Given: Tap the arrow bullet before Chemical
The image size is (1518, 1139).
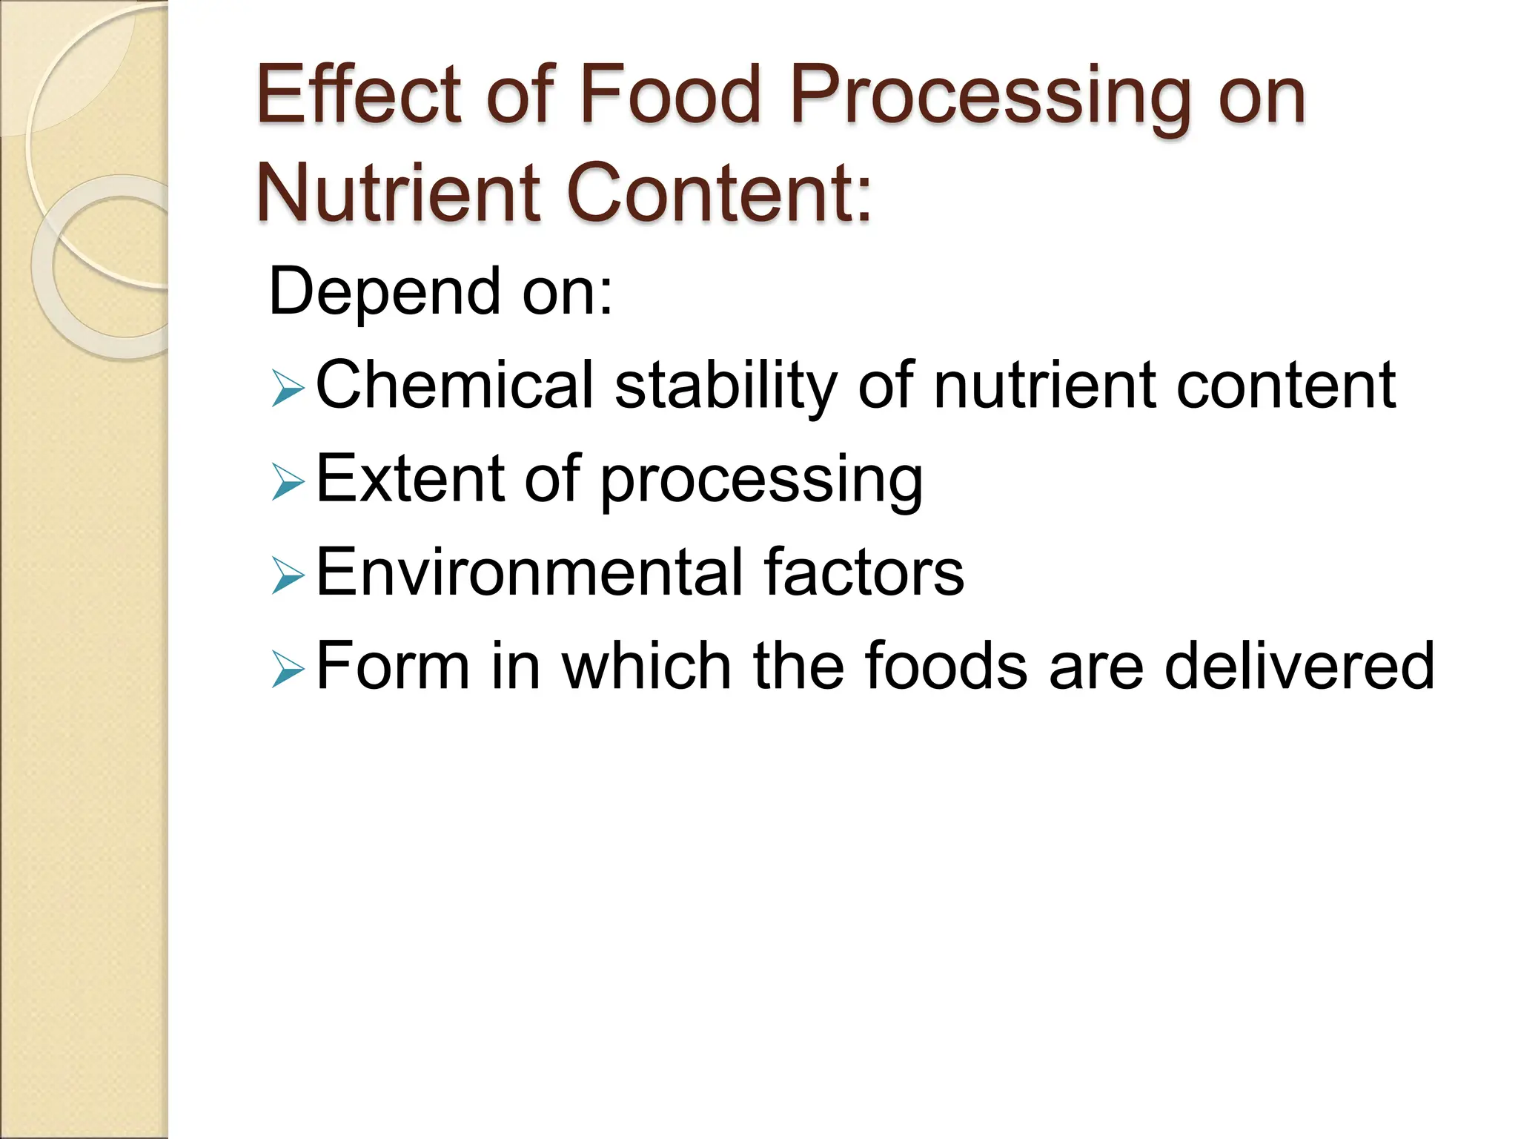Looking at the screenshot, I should pos(288,389).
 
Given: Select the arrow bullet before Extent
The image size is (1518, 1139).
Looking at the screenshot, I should pos(288,482).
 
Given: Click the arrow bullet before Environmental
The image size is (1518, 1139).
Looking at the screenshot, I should pos(288,575).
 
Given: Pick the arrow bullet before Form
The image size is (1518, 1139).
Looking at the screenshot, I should pos(288,669).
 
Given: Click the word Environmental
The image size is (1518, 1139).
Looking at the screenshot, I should pos(528,572).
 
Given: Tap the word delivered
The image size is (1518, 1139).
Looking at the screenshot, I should pos(1299,666).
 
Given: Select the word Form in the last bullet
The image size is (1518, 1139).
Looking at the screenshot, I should pos(393,666).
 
